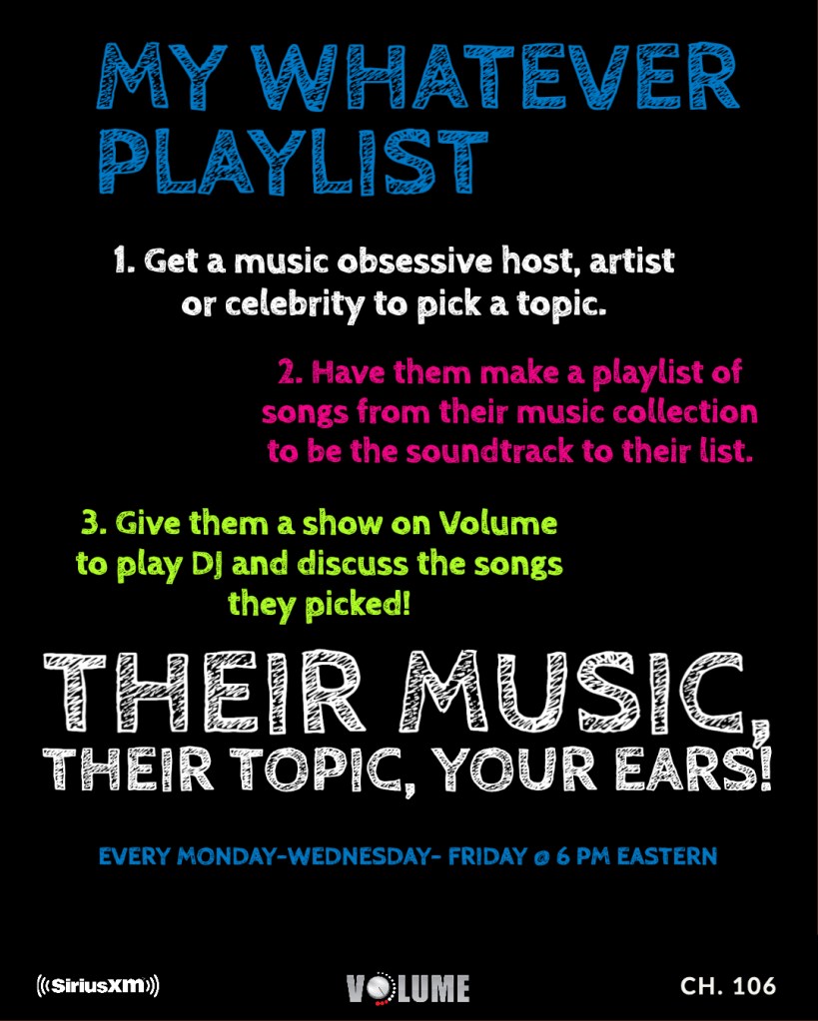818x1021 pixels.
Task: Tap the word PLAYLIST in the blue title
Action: coord(294,162)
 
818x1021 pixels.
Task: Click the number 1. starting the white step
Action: coord(124,260)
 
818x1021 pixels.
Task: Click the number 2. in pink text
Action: coord(290,372)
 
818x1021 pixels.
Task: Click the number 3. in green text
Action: coord(95,524)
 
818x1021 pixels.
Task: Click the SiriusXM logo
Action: coord(99,985)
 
